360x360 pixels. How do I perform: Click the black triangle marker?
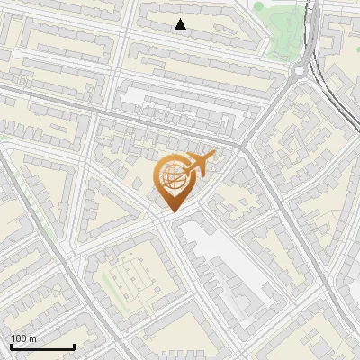click(x=180, y=24)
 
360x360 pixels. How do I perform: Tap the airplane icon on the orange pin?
click(x=200, y=164)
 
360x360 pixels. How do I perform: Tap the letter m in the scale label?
click(x=33, y=339)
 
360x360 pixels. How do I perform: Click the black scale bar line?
click(x=42, y=347)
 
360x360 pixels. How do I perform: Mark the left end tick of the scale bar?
click(x=11, y=346)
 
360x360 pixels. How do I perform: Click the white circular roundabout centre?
click(x=300, y=69)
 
